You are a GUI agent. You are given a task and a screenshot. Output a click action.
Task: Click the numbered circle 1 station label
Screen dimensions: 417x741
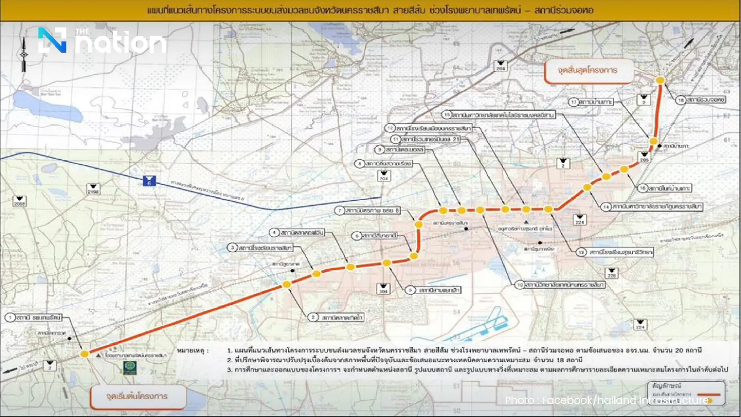point(34,318)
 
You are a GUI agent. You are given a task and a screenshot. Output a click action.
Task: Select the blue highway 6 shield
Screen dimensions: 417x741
point(149,181)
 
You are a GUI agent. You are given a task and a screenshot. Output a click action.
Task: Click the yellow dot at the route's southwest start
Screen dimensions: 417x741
point(84,354)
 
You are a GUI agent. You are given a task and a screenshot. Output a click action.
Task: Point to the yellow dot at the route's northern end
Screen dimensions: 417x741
point(660,80)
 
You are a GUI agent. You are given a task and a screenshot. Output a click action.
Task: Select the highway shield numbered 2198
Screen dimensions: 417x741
point(93,189)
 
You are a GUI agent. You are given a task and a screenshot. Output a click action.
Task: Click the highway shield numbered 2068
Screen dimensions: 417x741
point(19,201)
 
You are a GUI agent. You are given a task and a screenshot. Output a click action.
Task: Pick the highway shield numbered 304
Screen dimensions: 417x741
point(383,289)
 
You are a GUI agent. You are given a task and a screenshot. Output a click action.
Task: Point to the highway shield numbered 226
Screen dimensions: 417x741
point(611,273)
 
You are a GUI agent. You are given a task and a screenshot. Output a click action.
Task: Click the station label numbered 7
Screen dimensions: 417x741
point(368,211)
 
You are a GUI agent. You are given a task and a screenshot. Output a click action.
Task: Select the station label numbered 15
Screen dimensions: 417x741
point(499,115)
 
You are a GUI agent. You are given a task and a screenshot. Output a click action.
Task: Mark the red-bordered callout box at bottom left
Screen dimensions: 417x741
point(137,397)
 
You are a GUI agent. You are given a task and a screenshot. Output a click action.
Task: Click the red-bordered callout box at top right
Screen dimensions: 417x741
point(588,70)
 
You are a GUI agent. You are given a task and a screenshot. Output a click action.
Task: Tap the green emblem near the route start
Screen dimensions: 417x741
point(130,367)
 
